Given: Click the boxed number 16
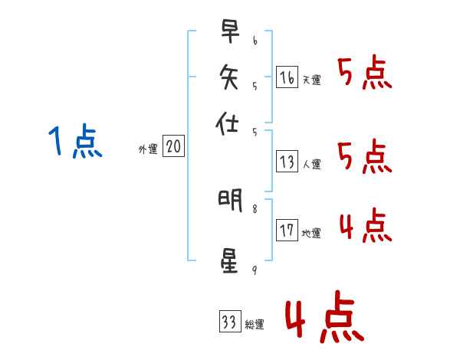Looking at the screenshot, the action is click(287, 77).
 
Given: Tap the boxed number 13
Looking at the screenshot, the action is click(287, 162).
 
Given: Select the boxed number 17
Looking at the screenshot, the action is click(287, 231).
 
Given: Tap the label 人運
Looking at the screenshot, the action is click(311, 164).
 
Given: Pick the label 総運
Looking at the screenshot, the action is click(255, 324).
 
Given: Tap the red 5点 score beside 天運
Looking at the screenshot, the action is click(365, 74).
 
